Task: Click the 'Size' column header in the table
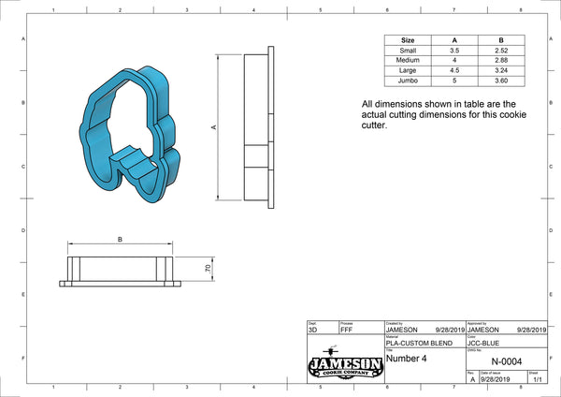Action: pyautogui.click(x=408, y=41)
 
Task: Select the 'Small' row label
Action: pyautogui.click(x=408, y=51)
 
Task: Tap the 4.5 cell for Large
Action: pyautogui.click(x=454, y=69)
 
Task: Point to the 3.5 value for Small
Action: pyautogui.click(x=454, y=51)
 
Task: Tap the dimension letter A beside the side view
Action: pyautogui.click(x=215, y=127)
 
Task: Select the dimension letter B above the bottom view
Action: pyautogui.click(x=120, y=240)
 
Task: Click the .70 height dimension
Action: pyautogui.click(x=208, y=269)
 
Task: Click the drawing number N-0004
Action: pyautogui.click(x=507, y=362)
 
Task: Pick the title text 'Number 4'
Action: pyautogui.click(x=408, y=357)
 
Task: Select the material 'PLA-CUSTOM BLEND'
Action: pyautogui.click(x=418, y=343)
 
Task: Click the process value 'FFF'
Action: pyautogui.click(x=347, y=330)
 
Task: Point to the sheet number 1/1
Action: pyautogui.click(x=536, y=380)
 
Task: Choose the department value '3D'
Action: pyautogui.click(x=312, y=330)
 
